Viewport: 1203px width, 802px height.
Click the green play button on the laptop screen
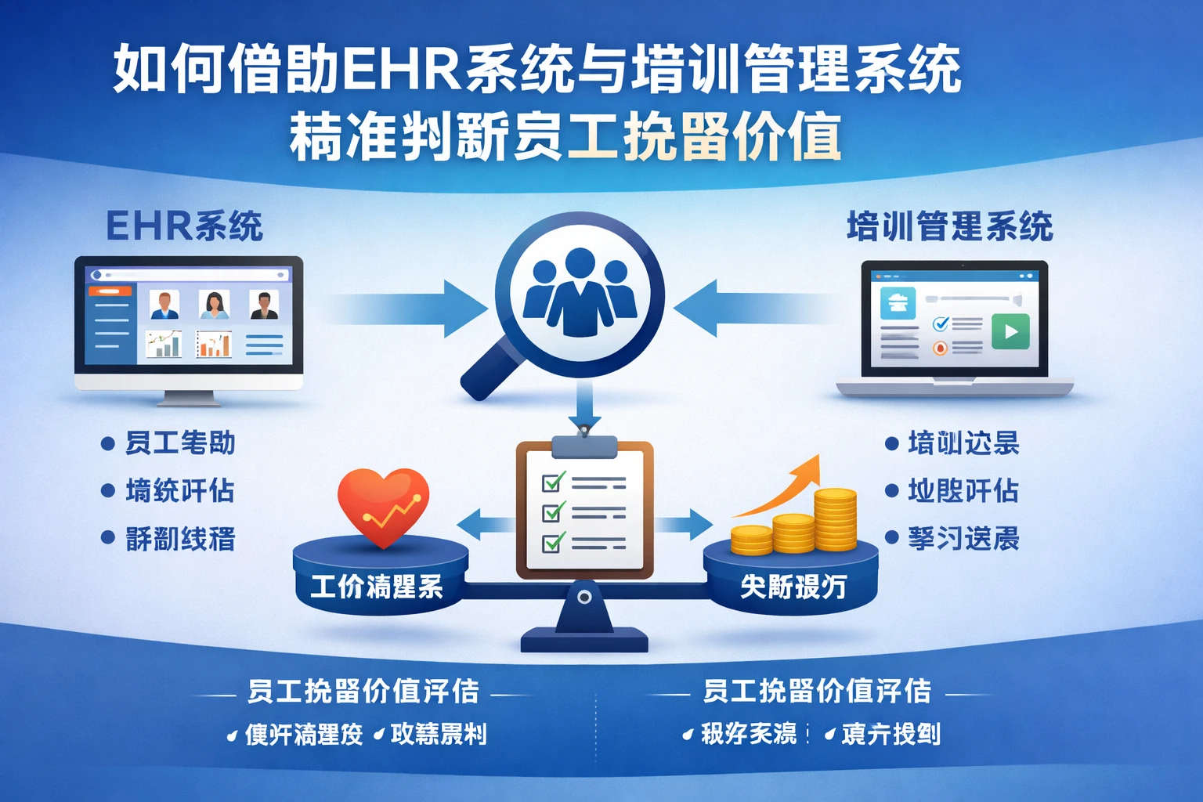pyautogui.click(x=1010, y=331)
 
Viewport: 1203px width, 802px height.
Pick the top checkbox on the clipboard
pyautogui.click(x=554, y=482)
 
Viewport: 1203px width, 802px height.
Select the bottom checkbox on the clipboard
pyautogui.click(x=554, y=542)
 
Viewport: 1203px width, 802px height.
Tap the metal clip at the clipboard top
pyautogui.click(x=584, y=446)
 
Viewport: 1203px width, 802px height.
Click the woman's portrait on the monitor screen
pyautogui.click(x=214, y=305)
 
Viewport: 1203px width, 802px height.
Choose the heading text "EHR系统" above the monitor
pyautogui.click(x=184, y=226)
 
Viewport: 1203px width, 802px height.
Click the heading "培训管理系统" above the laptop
pyautogui.click(x=949, y=226)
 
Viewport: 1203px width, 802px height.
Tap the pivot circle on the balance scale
pyautogui.click(x=584, y=598)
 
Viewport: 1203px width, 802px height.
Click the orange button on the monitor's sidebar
pyautogui.click(x=110, y=291)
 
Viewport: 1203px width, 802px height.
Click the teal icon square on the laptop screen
pyautogui.click(x=898, y=303)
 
